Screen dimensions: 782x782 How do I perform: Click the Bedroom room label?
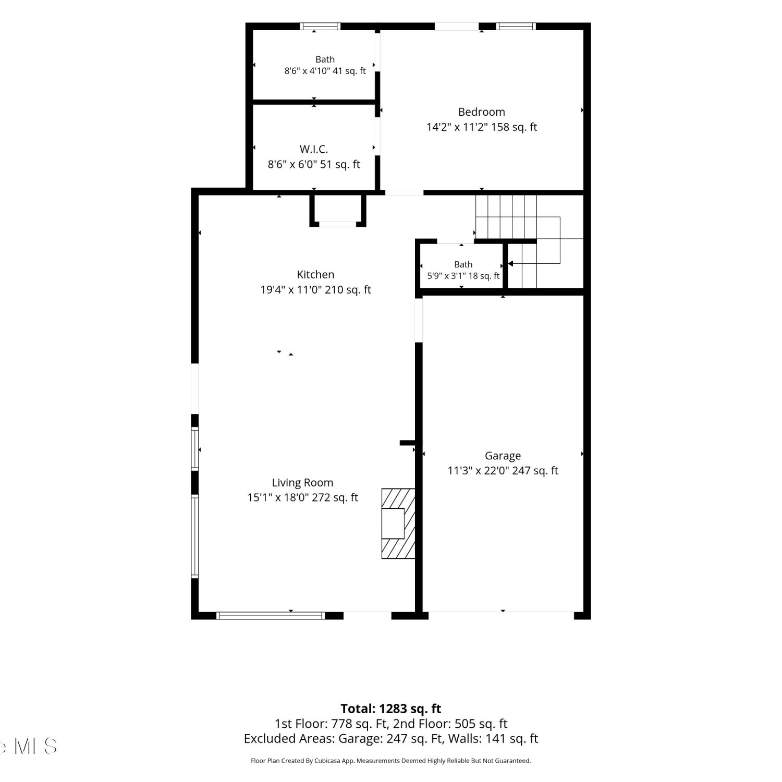pos(481,112)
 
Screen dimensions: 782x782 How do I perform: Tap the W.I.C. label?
pos(314,149)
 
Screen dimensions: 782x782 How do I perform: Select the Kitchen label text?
pos(315,275)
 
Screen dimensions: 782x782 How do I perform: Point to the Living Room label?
pos(302,483)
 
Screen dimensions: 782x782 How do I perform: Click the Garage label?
pos(503,456)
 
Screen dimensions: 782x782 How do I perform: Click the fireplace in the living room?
pos(398,523)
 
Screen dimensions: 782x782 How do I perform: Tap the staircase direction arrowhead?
pos(510,263)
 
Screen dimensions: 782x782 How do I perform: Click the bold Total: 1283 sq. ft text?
pos(391,709)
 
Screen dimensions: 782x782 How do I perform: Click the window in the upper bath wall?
pos(320,27)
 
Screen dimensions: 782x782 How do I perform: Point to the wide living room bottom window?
pos(271,616)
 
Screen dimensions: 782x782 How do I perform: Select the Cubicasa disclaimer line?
pos(391,761)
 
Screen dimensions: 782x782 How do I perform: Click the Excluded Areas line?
pos(391,739)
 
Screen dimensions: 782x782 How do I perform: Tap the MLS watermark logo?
pos(29,746)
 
